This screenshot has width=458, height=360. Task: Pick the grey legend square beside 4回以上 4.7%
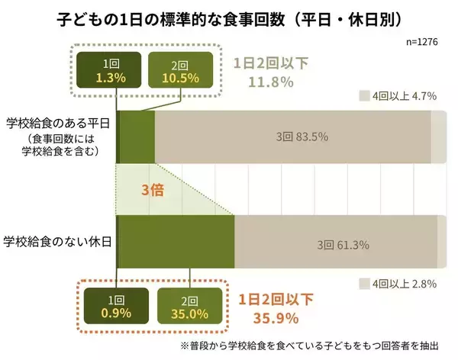coord(364,96)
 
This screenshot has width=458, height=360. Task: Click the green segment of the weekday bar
coord(137,137)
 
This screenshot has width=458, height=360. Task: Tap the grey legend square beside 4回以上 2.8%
coord(364,284)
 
